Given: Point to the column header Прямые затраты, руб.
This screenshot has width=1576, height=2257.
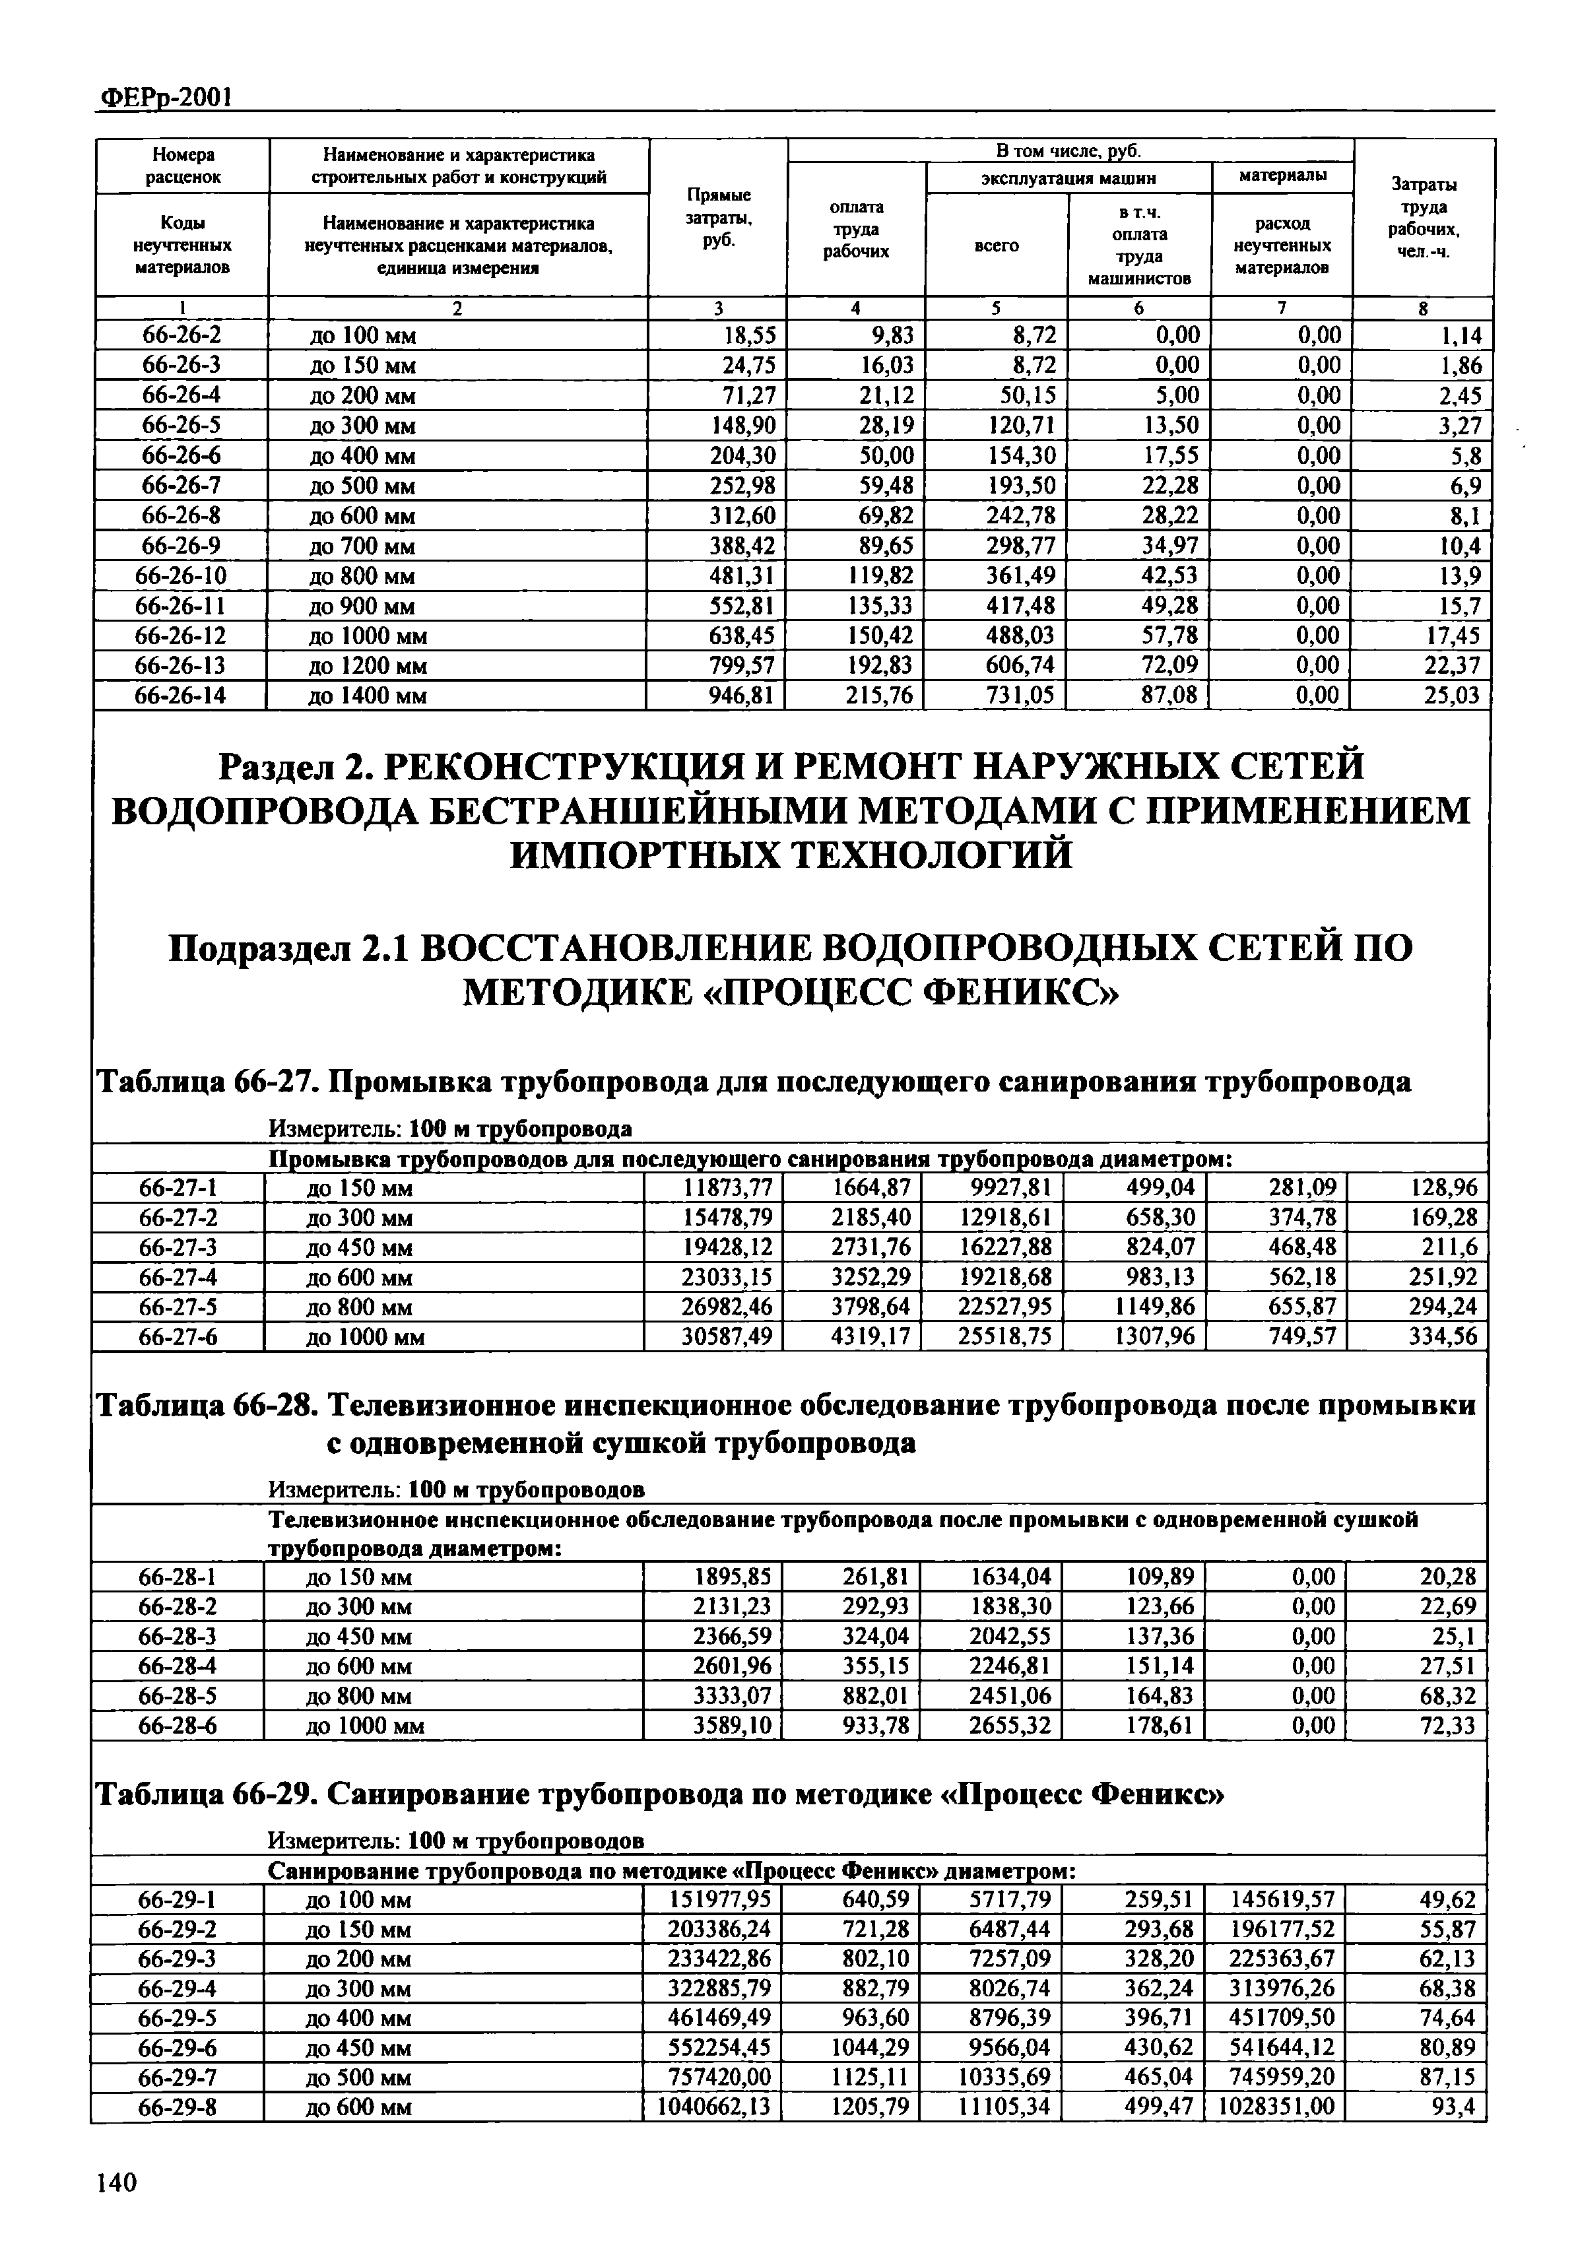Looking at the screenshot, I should pos(717,218).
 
